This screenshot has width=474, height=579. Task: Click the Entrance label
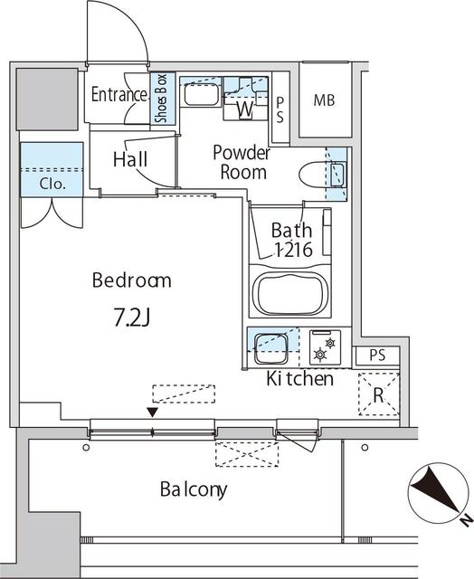[x=118, y=95]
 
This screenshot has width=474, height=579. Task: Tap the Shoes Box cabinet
[x=162, y=98]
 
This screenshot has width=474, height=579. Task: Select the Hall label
[x=130, y=159]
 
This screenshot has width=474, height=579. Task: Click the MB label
[x=324, y=100]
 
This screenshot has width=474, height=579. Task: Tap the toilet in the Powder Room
[x=318, y=173]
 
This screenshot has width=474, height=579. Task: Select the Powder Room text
[x=240, y=162]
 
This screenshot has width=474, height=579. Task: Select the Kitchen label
[x=299, y=379]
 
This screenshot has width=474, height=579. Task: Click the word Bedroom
[x=131, y=280]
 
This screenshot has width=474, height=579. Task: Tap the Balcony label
[x=194, y=490]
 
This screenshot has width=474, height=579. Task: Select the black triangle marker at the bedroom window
[x=153, y=413]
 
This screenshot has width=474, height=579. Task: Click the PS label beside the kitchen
[x=377, y=356]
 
